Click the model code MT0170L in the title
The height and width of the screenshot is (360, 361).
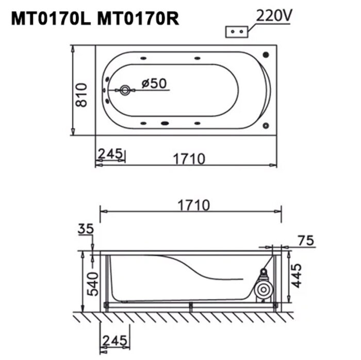51,19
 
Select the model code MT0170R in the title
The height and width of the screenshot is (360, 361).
138,19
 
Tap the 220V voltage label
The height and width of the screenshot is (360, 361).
274,15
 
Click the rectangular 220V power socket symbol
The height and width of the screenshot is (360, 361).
237,32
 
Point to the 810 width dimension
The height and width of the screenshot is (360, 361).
81,95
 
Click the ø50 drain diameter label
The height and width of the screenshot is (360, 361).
154,83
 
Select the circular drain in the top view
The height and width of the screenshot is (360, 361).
125,90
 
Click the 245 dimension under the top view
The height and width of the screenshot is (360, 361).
110,153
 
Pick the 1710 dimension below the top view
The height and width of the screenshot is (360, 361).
189,159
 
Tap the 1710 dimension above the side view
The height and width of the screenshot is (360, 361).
194,205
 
